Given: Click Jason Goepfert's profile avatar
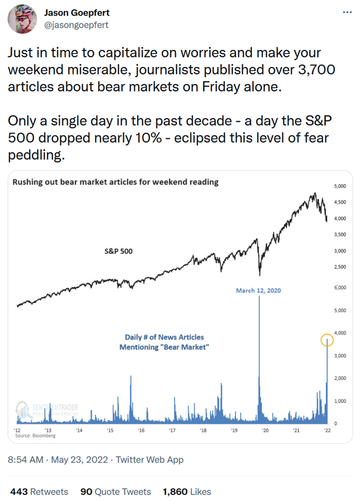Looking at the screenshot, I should pos(20,19).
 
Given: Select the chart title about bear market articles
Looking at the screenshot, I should pos(115,182).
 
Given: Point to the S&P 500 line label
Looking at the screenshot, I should pos(118,251).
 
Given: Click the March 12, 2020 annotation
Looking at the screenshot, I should pos(258,290).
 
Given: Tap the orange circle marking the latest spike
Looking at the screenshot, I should pos(327,340).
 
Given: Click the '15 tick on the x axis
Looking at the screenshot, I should pos(110,431).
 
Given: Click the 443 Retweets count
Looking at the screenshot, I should pos(39,492).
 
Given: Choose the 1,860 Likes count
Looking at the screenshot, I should pos(187,492).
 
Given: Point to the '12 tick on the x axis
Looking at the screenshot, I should pos(18,431).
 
